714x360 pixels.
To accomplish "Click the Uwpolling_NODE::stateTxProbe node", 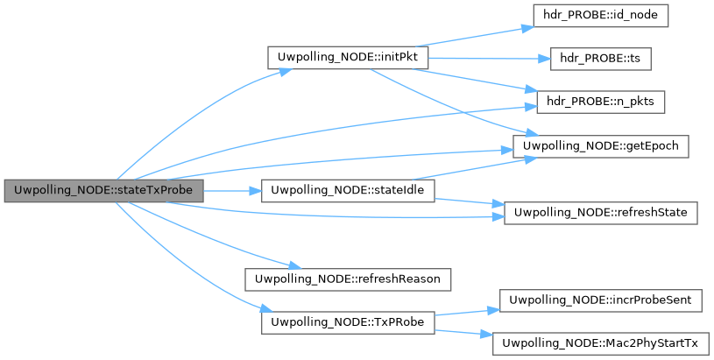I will click(103, 190).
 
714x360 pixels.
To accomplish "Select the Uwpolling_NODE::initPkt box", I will click(347, 58).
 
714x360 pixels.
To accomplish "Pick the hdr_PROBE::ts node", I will click(602, 58).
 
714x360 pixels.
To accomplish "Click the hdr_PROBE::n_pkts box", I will click(602, 102).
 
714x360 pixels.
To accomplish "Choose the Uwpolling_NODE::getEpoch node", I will click(601, 145).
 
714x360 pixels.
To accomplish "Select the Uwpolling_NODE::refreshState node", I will click(601, 212).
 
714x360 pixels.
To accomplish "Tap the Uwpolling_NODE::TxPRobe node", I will click(348, 322).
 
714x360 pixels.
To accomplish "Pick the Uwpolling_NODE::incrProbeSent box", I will click(601, 300).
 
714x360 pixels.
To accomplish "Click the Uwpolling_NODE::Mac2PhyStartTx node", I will click(601, 344).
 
